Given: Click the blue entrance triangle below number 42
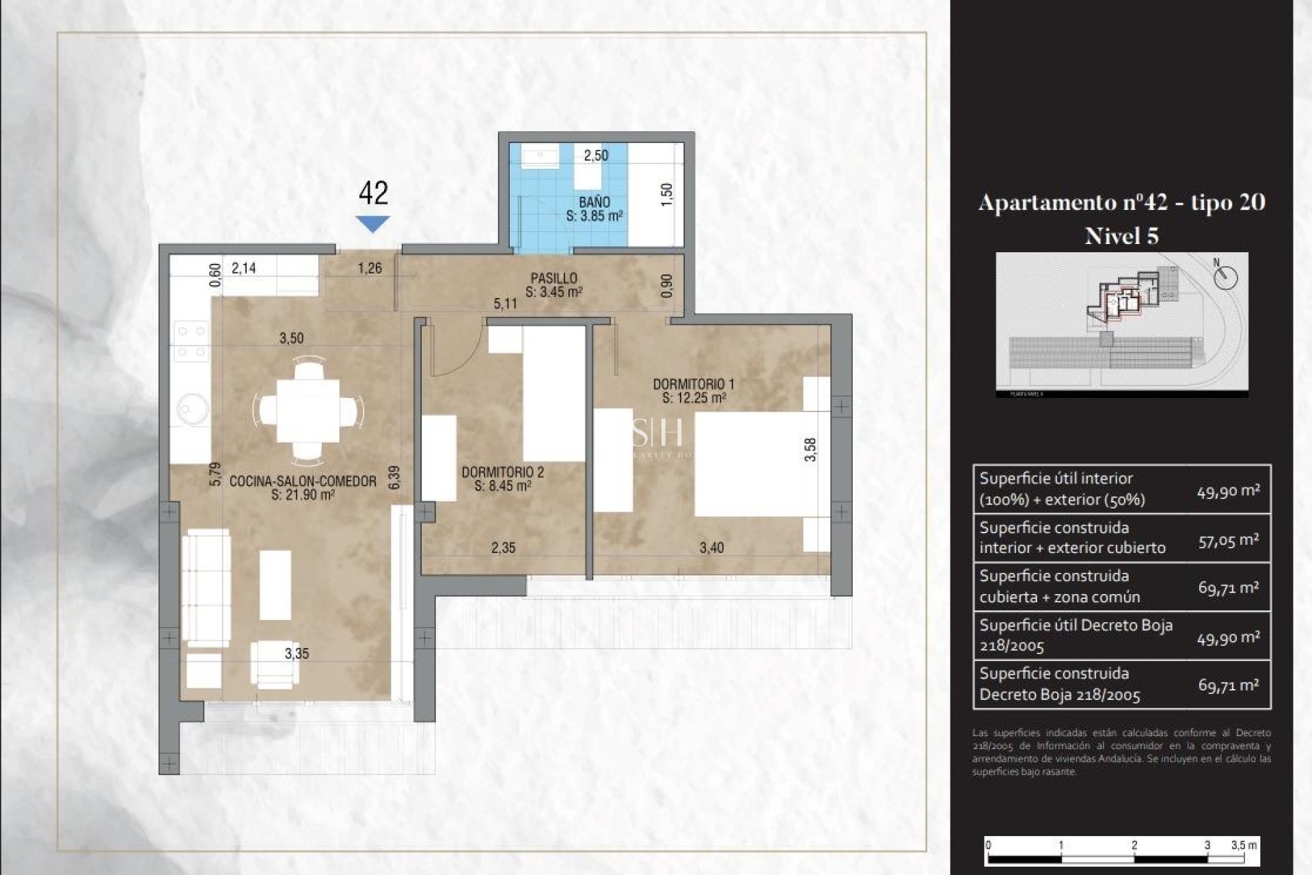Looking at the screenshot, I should (372, 224).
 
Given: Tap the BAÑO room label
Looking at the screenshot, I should (594, 202).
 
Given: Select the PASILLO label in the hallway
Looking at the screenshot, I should (553, 278).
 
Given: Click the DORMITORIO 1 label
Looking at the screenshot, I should (693, 384).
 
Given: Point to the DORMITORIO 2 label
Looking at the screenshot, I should (502, 472).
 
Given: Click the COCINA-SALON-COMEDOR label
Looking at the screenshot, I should (303, 481).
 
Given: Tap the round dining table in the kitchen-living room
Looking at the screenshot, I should (308, 411).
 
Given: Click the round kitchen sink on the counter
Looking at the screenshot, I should (192, 409).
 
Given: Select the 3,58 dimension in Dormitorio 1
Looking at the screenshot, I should (810, 449).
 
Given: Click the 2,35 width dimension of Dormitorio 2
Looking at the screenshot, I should (503, 548).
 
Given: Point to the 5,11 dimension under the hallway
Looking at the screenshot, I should (505, 304).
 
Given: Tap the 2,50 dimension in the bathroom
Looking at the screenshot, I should (595, 155).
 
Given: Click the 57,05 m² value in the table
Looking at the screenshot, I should (1228, 541).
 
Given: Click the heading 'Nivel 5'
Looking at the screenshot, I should (1121, 237).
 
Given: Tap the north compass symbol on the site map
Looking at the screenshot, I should (1225, 277).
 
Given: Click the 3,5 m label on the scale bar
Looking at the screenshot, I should (1243, 845).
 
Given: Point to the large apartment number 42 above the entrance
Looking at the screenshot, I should (373, 193).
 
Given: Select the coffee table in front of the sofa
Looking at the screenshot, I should (275, 585).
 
